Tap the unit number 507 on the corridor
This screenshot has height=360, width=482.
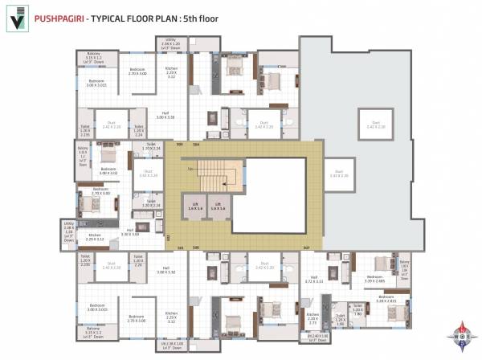coord(306,247)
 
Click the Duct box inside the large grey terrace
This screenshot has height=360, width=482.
coord(372,126)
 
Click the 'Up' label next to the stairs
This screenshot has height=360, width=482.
coord(190,169)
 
